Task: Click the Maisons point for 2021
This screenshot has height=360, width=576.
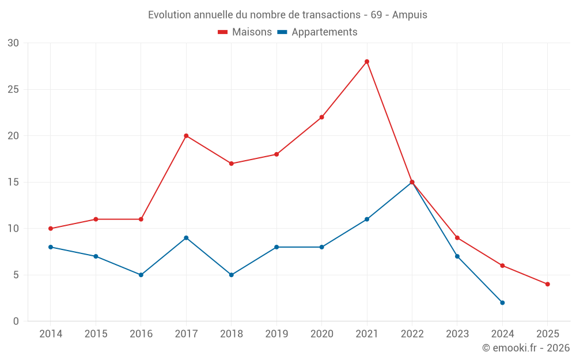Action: point(367,62)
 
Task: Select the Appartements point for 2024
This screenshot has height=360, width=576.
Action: point(502,302)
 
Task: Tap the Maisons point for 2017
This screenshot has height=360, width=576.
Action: point(186,136)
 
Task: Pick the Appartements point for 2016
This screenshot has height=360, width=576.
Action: point(141,275)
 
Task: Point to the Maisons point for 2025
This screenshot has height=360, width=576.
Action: point(548,284)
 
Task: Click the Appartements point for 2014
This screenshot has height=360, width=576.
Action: point(51,247)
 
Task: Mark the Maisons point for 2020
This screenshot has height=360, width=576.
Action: point(322,117)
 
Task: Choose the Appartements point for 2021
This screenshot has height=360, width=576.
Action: point(367,219)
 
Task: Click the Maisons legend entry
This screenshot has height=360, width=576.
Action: point(244,32)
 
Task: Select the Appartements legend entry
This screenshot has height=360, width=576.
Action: point(317,32)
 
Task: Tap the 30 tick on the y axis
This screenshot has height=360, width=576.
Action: point(13,43)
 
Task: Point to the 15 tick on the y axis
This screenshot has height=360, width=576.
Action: point(13,182)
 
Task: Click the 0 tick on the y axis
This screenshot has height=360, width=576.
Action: point(16,321)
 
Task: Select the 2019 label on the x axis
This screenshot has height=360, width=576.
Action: point(276,334)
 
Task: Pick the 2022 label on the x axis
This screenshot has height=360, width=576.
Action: point(412,334)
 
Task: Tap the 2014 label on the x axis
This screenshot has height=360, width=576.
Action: point(51,334)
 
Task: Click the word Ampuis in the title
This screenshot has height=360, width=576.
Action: point(410,15)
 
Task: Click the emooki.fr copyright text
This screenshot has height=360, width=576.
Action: point(525,348)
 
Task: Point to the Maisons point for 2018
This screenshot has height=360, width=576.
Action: point(232,164)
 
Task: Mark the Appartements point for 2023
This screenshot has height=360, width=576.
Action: point(457,256)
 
